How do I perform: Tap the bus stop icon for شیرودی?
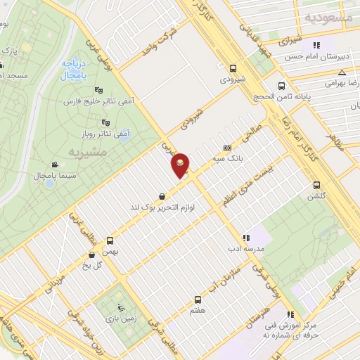(232, 67)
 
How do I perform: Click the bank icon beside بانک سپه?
(226, 148)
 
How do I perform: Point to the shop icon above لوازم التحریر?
(163, 196)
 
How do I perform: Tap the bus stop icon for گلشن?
(316, 185)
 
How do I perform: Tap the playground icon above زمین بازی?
(121, 307)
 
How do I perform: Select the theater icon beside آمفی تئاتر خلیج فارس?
(98, 90)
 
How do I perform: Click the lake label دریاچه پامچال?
(72, 68)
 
